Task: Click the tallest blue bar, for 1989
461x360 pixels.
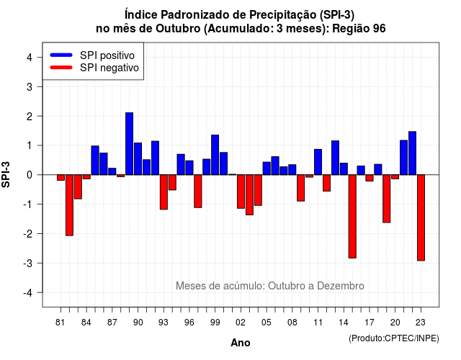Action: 130,144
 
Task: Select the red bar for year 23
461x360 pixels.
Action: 421,217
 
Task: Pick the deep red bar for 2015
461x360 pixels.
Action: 352,217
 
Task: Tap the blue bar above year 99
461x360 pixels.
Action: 215,155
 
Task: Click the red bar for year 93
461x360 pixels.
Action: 164,192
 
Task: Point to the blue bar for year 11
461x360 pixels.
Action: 318,162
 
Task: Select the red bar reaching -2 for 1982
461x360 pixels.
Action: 69,205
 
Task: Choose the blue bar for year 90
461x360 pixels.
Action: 138,158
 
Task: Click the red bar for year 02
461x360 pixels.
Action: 241,192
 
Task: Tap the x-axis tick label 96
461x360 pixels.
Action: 189,323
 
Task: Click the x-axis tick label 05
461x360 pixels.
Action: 267,323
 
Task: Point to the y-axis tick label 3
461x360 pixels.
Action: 30,86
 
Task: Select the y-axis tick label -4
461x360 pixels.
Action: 28,293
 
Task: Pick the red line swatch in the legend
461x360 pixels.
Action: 61,68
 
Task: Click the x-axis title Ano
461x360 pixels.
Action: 241,343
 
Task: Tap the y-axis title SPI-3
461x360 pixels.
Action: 6,174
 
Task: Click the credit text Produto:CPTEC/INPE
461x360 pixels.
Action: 394,338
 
